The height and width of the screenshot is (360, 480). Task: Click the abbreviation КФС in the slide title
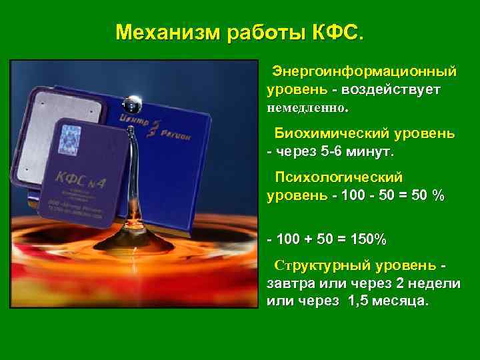pyautogui.click(x=337, y=32)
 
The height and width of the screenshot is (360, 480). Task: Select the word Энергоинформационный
pyautogui.click(x=366, y=70)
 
